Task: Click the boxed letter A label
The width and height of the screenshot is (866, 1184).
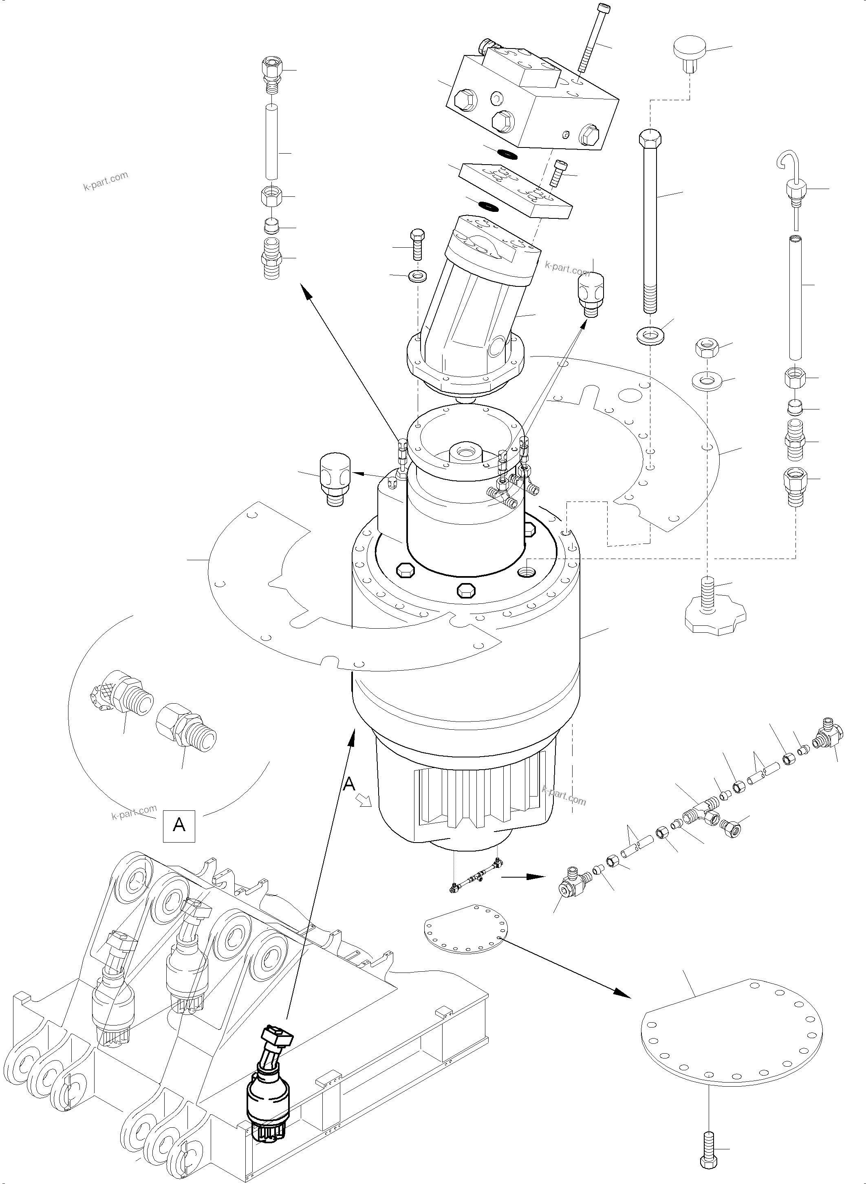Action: coord(179,826)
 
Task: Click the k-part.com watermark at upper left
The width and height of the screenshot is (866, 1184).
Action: coord(106,181)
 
